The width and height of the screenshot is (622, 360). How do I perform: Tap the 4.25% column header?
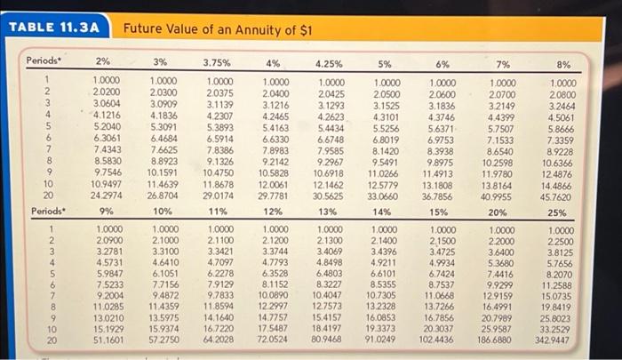[x=331, y=64]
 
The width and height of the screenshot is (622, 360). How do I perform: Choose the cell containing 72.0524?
[x=272, y=340]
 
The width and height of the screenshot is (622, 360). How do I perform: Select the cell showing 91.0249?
[x=384, y=340]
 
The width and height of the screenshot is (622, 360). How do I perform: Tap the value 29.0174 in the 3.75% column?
[x=219, y=195]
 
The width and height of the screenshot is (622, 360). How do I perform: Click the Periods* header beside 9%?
[x=44, y=212]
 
